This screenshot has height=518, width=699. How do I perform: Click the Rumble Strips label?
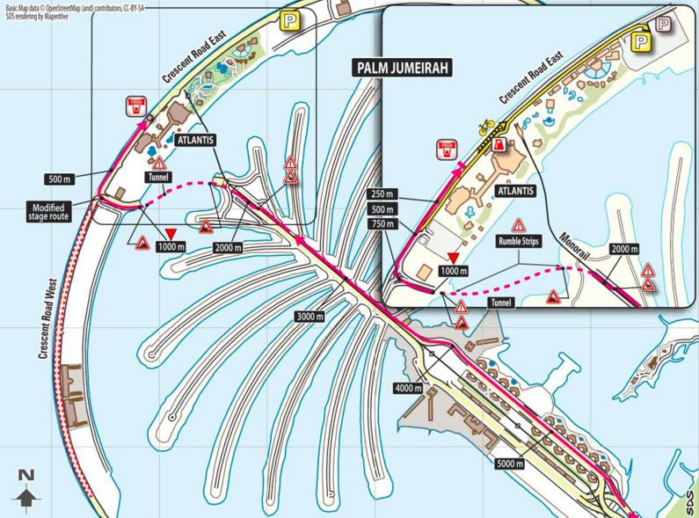click(516, 238)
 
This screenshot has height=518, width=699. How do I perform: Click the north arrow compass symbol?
click(26, 489)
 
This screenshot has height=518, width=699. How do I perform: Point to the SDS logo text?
click(688, 501)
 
